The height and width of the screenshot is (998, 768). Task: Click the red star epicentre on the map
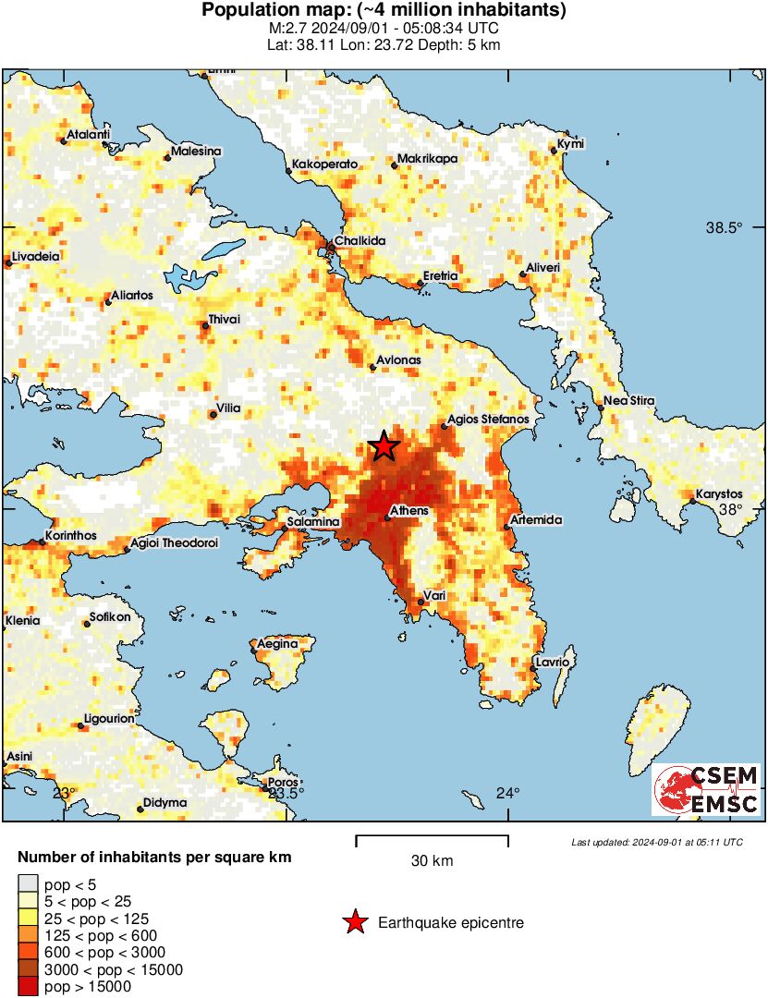[384, 446]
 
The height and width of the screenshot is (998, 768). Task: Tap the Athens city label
[409, 510]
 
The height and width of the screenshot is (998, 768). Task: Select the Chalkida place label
[360, 241]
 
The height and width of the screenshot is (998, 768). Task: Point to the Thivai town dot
[206, 325]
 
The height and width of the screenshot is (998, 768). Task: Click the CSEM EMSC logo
[706, 790]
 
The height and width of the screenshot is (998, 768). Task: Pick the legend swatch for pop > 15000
[29, 987]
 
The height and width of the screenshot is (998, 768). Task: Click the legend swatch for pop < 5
[29, 884]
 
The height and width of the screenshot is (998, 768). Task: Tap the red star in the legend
[354, 922]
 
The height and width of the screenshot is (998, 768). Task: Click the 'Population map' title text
[384, 11]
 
